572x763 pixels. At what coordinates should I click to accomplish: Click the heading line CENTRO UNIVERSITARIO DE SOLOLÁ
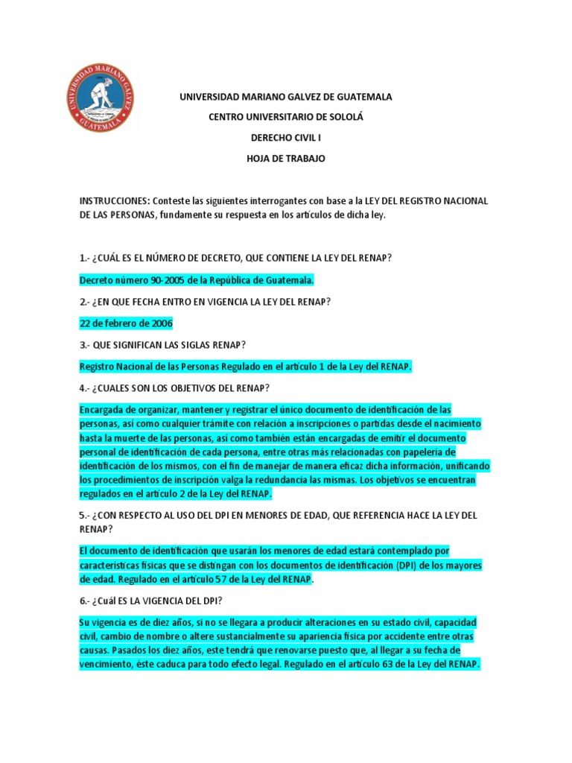click(x=286, y=117)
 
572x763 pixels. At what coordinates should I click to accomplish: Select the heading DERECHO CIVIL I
click(x=286, y=138)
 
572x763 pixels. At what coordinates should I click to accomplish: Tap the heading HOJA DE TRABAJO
click(x=286, y=159)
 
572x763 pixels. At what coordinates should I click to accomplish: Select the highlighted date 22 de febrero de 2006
click(x=126, y=323)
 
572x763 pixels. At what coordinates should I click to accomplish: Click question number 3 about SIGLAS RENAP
click(x=164, y=345)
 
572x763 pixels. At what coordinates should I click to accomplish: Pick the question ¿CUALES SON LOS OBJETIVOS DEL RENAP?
click(x=174, y=388)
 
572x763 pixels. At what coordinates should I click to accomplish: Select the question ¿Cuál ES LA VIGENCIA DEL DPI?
click(x=145, y=601)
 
